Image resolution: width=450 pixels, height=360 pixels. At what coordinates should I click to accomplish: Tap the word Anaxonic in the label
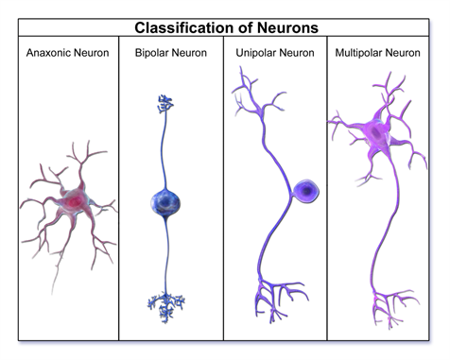48,52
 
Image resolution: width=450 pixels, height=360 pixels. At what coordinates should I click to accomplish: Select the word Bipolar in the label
152,52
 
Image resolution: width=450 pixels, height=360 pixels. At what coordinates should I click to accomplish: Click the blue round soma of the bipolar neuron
167,202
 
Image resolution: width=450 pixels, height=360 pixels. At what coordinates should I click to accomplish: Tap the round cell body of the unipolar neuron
304,193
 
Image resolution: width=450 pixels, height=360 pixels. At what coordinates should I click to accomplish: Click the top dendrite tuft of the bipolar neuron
167,104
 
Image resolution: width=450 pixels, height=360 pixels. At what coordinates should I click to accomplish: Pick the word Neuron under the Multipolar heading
412,52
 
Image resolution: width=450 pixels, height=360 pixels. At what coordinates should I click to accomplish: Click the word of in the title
246,28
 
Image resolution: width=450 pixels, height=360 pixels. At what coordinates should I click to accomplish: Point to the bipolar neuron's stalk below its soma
167,255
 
